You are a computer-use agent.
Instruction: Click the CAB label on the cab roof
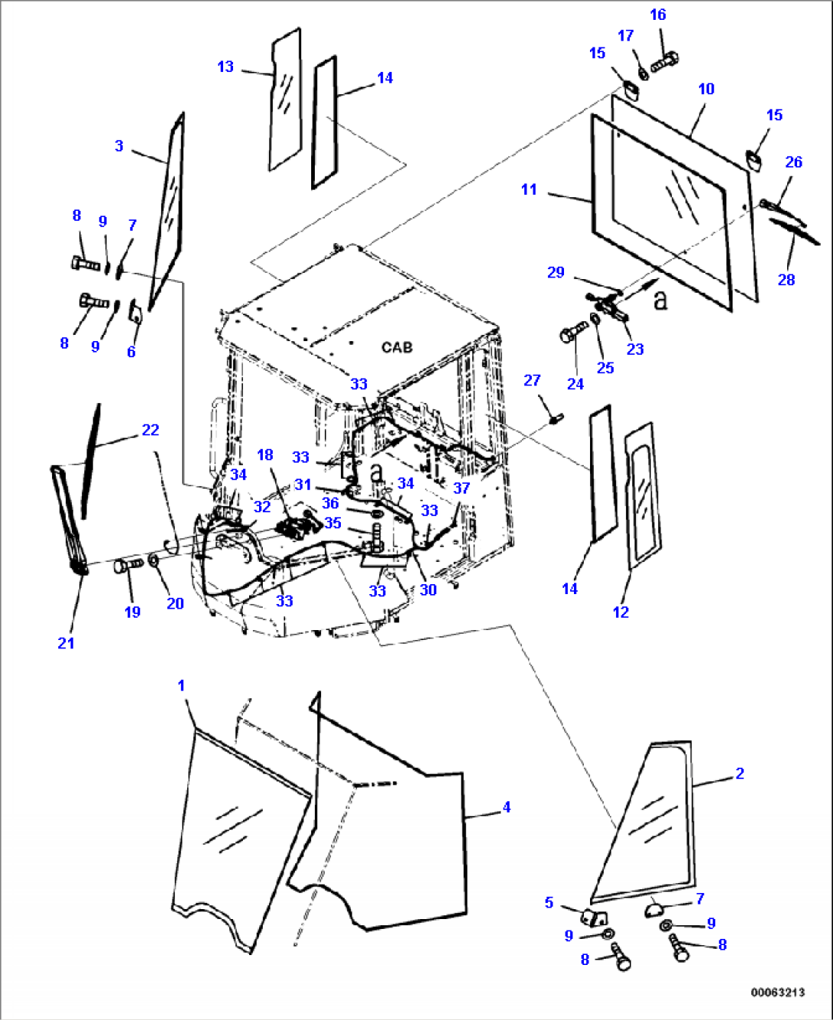[x=397, y=347]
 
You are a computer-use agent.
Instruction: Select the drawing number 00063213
[x=777, y=992]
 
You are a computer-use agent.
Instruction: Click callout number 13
[x=225, y=67]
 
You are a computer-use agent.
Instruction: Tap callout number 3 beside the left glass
[x=119, y=145]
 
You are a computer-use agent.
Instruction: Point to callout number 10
[x=706, y=89]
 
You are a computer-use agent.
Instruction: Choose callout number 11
[x=529, y=189]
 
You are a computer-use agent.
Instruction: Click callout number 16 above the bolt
[x=658, y=15]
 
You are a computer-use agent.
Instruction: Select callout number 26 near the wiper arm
[x=793, y=161]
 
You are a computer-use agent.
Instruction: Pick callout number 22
[x=151, y=430]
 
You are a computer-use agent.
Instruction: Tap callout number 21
[x=66, y=643]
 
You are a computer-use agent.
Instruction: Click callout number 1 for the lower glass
[x=181, y=685]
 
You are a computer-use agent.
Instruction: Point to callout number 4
[x=506, y=807]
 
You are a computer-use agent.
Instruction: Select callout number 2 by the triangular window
[x=739, y=773]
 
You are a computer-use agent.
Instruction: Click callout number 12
[x=621, y=612]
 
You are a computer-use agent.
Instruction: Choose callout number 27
[x=532, y=380]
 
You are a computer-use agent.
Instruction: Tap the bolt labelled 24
[x=572, y=335]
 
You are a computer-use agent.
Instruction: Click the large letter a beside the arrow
[x=660, y=299]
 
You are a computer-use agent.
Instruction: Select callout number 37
[x=462, y=488]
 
